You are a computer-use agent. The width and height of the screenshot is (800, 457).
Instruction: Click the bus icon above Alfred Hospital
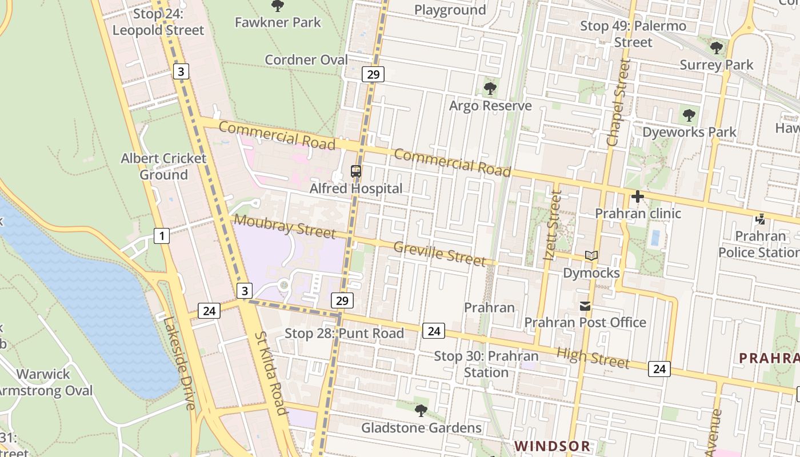[x=355, y=171]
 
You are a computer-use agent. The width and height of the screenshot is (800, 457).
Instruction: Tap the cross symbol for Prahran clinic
[x=638, y=197]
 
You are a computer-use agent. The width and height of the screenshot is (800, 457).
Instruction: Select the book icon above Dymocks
[x=591, y=256]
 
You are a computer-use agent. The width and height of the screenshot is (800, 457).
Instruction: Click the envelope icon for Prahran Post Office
[x=585, y=306]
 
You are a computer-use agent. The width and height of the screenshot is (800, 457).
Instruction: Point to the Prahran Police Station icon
[x=760, y=219]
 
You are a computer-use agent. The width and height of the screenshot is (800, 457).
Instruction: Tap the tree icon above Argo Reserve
[x=490, y=89]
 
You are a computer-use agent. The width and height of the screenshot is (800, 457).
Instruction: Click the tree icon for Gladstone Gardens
[x=421, y=410]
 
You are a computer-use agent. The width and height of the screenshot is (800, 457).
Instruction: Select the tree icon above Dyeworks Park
[x=689, y=115]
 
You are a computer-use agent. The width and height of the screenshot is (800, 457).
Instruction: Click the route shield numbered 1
[x=162, y=235]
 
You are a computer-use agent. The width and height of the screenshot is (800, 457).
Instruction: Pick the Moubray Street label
[x=285, y=226]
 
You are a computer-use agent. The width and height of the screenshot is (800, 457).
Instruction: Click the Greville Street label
[x=440, y=254]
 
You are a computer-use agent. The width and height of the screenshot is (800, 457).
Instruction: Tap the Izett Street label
[x=553, y=226]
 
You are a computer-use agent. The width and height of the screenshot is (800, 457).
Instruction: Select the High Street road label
[x=593, y=358]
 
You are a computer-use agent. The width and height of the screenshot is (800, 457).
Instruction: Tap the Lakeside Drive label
[x=179, y=363]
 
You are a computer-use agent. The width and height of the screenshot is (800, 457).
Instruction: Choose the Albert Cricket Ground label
[x=163, y=166]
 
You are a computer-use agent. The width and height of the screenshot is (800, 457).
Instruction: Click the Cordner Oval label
[x=306, y=59]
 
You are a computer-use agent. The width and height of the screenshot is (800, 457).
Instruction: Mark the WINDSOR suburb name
[x=552, y=446]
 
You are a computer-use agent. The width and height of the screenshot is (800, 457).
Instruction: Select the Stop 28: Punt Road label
[x=344, y=333]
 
